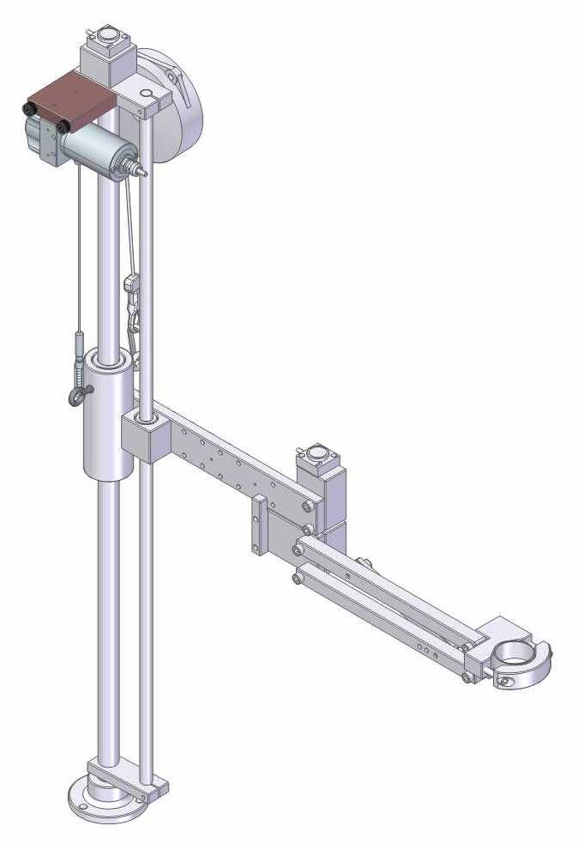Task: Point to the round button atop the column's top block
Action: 108,36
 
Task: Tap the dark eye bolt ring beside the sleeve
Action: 75,396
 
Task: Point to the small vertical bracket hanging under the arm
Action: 256,525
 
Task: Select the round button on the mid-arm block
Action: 319,452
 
